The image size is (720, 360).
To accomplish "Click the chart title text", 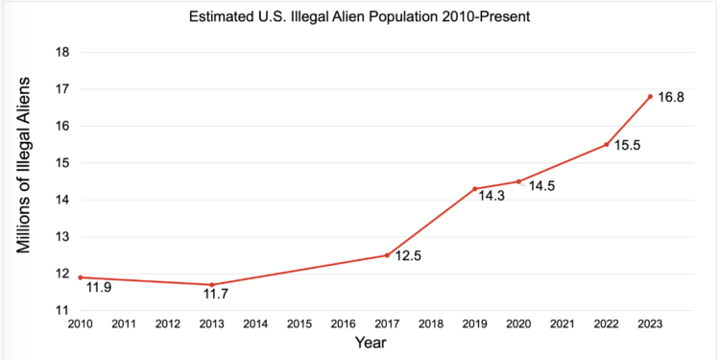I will [x=360, y=15].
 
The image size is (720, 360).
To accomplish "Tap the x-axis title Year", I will [x=370, y=343].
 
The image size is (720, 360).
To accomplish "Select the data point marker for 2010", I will [x=80, y=277].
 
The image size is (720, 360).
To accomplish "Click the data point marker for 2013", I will [x=211, y=284].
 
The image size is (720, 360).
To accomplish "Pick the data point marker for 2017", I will [x=386, y=255].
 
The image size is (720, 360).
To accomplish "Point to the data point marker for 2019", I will [x=474, y=188].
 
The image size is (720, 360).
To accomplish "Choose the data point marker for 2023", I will [x=650, y=96].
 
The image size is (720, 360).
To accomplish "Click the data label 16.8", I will [x=671, y=98].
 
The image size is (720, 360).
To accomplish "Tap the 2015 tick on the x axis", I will [x=299, y=324].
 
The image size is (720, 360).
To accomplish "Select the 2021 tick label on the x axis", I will [x=562, y=324].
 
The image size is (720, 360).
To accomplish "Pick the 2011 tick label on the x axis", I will [x=123, y=324].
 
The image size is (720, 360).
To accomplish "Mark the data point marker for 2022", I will [x=606, y=144].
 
